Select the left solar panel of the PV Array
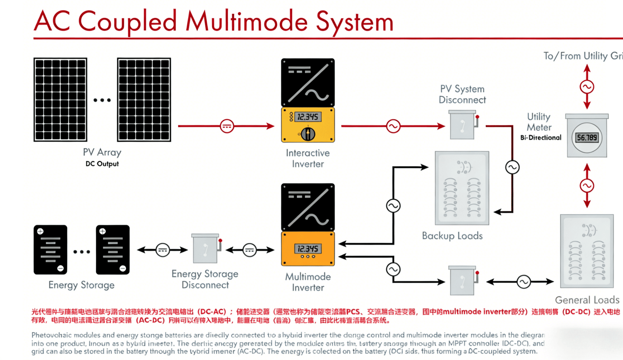[60, 99]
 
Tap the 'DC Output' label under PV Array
[102, 164]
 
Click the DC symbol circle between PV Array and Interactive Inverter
[227, 126]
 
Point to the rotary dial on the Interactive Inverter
[308, 133]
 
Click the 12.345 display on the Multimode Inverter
[308, 248]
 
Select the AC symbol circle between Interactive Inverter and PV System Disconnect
[393, 126]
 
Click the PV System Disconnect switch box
[463, 125]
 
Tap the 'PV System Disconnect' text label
[462, 95]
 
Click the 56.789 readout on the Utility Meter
[587, 137]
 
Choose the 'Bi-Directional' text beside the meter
[541, 137]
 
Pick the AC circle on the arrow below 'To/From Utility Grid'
[587, 87]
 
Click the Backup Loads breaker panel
[462, 188]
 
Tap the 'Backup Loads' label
[452, 236]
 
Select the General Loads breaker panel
[587, 251]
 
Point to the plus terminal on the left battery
[40, 231]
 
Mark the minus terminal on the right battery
[123, 268]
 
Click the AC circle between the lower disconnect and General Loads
[524, 282]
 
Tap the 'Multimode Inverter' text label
[308, 282]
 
